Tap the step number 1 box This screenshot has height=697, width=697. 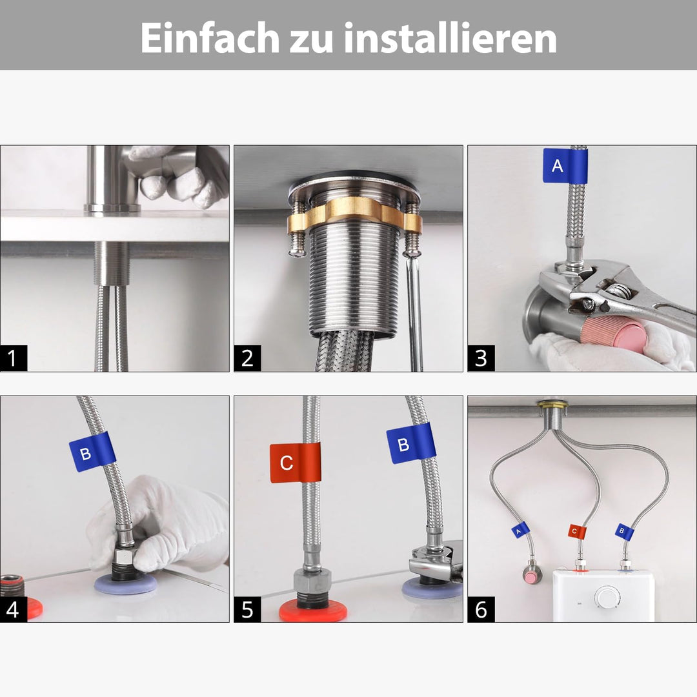point(14,358)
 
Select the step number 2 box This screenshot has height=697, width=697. point(247,358)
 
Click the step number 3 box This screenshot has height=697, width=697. point(481,358)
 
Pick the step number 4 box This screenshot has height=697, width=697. point(14,609)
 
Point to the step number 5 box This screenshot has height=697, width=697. point(247,609)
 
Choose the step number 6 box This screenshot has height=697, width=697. point(481,609)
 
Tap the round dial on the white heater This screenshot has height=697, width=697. point(607,597)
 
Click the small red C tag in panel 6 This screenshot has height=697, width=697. point(576,532)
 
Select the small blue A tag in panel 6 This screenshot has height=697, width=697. point(520,530)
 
